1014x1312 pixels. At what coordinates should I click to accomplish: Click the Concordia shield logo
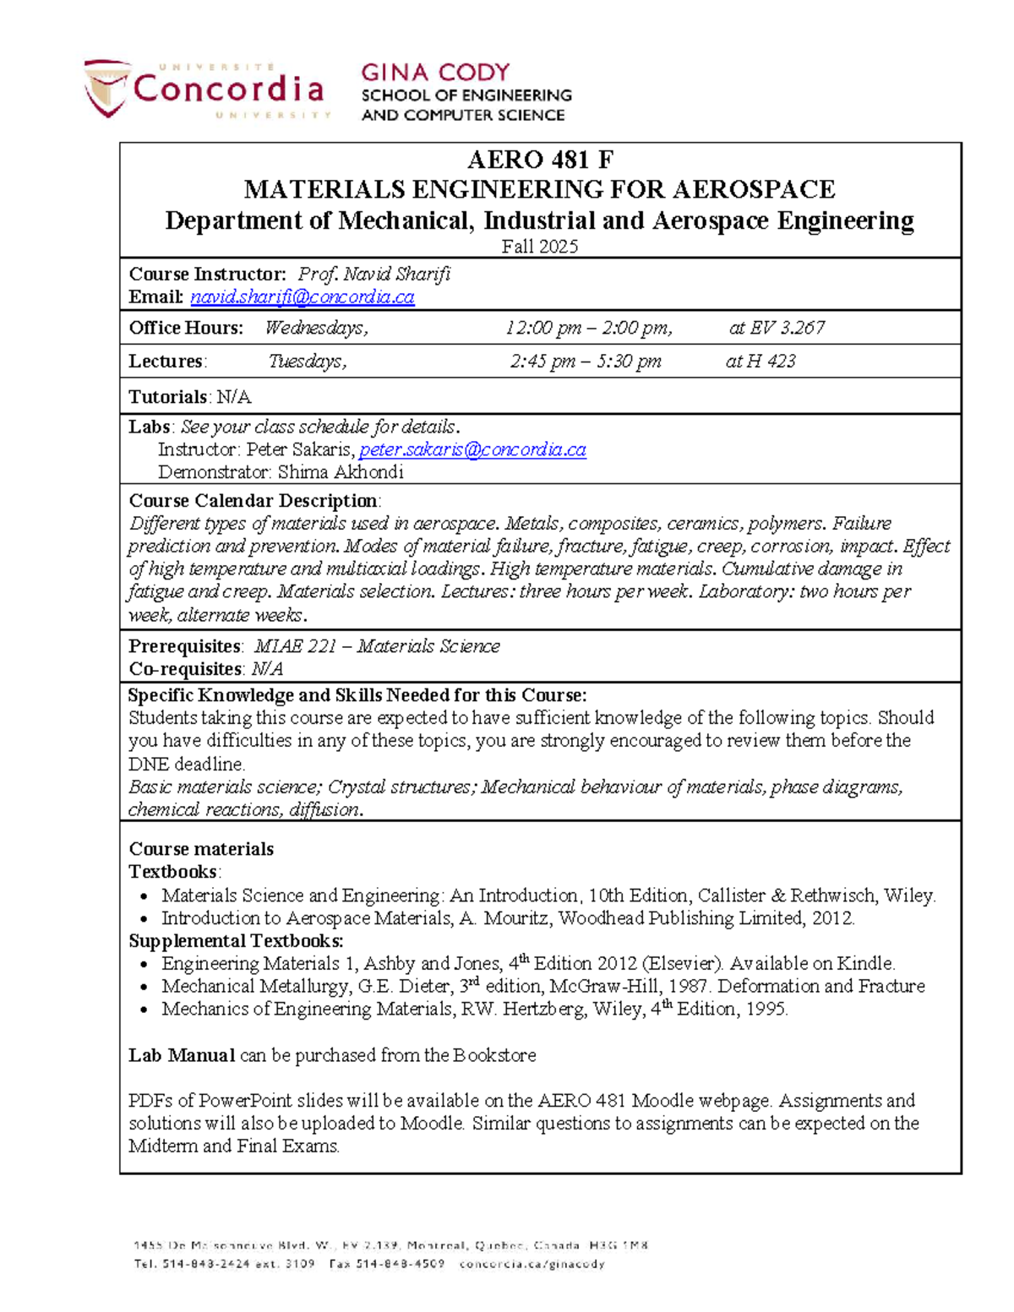(107, 87)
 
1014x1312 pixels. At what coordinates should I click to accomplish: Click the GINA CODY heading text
(435, 73)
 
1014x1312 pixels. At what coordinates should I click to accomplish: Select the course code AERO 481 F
(540, 160)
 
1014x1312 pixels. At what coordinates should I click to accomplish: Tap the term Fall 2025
(540, 246)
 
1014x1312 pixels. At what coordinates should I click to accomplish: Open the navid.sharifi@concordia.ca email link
(303, 297)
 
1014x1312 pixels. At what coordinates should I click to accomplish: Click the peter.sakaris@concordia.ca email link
(472, 449)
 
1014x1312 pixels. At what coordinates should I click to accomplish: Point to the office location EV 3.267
(787, 328)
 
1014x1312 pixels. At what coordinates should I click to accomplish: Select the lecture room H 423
(771, 362)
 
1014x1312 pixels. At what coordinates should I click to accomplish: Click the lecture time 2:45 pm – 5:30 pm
(586, 362)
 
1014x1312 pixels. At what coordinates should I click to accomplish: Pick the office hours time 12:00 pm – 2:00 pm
(589, 328)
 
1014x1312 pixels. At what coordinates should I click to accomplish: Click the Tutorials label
(168, 397)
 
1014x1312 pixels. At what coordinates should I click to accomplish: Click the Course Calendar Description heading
(253, 500)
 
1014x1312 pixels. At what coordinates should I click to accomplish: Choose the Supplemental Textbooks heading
(236, 940)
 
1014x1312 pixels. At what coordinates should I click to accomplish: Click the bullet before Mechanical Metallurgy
(145, 987)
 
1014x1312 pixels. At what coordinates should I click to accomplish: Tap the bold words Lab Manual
(182, 1055)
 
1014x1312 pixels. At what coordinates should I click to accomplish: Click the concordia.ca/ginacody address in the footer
(532, 1265)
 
